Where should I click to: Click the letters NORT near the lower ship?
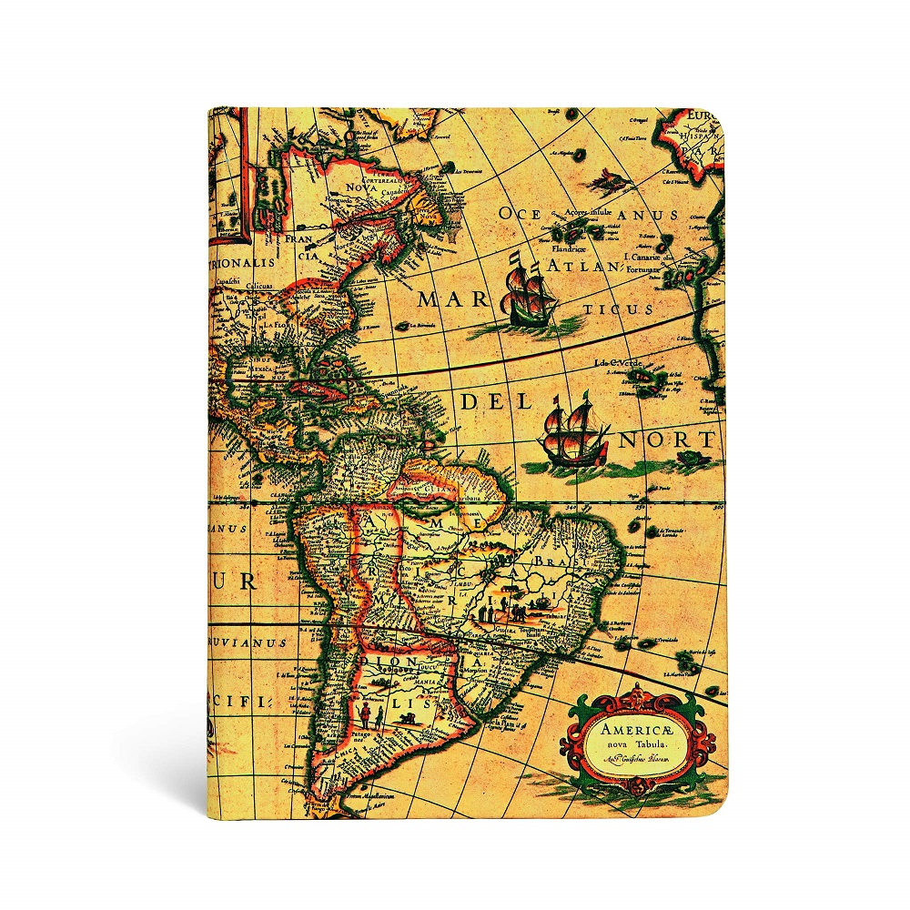pyautogui.click(x=668, y=440)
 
